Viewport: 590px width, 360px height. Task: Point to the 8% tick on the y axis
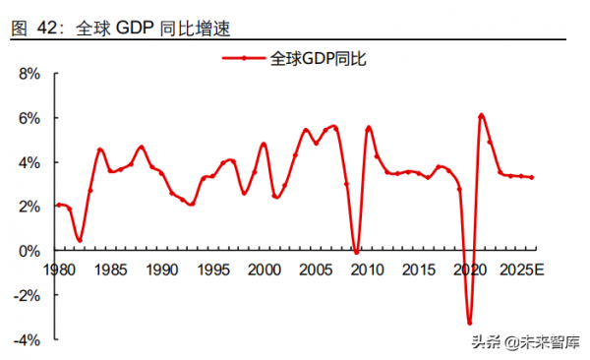(29, 74)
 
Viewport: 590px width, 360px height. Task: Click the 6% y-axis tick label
(29, 118)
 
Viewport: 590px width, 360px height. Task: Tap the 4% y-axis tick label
(29, 162)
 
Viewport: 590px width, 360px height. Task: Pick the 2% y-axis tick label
(29, 207)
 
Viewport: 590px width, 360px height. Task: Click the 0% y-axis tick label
(29, 251)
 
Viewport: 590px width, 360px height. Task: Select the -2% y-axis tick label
(27, 295)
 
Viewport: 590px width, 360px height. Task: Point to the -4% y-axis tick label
(27, 339)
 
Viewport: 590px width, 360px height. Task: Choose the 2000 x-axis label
(263, 269)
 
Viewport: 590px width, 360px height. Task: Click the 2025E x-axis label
(521, 269)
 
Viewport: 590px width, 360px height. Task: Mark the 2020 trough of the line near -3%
(469, 323)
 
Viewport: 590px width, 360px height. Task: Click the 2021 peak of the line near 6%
(480, 115)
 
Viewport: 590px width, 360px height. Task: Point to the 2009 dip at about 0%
(356, 253)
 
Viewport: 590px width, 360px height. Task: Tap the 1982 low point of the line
(80, 240)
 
